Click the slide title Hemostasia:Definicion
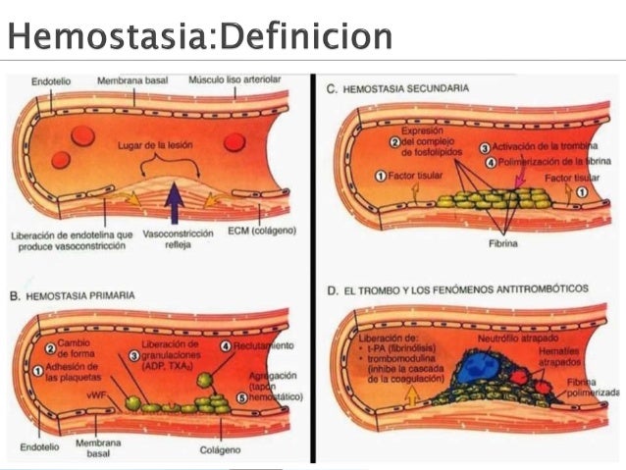(x=200, y=36)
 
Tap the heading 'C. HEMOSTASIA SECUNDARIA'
(x=397, y=88)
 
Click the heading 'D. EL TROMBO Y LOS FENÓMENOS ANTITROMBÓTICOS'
(x=457, y=290)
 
